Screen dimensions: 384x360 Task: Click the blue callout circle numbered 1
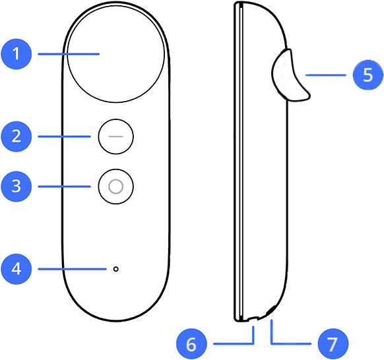pyautogui.click(x=16, y=54)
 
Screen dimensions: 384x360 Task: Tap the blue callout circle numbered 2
pyautogui.click(x=16, y=136)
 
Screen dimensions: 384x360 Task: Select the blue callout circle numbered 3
pyautogui.click(x=16, y=187)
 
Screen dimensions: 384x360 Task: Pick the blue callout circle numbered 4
pyautogui.click(x=16, y=269)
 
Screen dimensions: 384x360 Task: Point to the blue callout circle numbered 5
pyautogui.click(x=368, y=75)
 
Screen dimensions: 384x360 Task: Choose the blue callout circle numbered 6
pyautogui.click(x=191, y=344)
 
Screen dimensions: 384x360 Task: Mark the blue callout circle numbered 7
pyautogui.click(x=333, y=344)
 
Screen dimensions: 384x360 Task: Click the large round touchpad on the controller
pyautogui.click(x=115, y=53)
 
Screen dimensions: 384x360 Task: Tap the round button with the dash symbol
pyautogui.click(x=116, y=136)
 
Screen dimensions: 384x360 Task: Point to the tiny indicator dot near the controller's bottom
pyautogui.click(x=116, y=269)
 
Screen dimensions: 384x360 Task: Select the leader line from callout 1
pyautogui.click(x=69, y=54)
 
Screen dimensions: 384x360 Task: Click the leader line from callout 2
pyautogui.click(x=65, y=136)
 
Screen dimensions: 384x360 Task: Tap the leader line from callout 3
pyautogui.click(x=65, y=187)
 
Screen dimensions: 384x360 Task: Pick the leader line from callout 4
pyautogui.click(x=72, y=269)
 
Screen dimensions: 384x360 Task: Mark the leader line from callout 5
pyautogui.click(x=326, y=75)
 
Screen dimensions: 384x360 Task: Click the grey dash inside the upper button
pyautogui.click(x=116, y=136)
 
